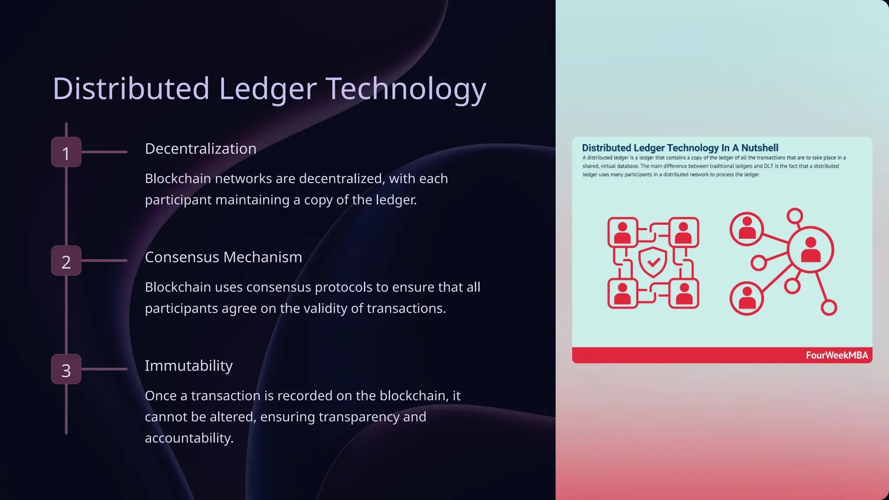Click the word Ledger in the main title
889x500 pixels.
(x=267, y=89)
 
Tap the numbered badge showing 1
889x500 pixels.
(x=66, y=152)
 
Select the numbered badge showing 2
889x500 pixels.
(x=66, y=261)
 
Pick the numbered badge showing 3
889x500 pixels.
(x=66, y=369)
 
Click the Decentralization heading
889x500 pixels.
(x=201, y=149)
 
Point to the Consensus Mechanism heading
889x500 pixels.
(x=223, y=257)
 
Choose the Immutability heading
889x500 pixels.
(x=188, y=366)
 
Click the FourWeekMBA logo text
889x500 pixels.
(x=836, y=355)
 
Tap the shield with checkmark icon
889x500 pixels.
(x=653, y=262)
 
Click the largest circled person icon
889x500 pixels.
(x=810, y=250)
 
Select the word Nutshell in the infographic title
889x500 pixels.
(x=760, y=148)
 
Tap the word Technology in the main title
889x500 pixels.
(x=406, y=89)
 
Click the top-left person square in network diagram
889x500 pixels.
(x=622, y=233)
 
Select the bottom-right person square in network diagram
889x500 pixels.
(x=684, y=293)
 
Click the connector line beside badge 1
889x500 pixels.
(x=104, y=152)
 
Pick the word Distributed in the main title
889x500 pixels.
(x=131, y=89)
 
